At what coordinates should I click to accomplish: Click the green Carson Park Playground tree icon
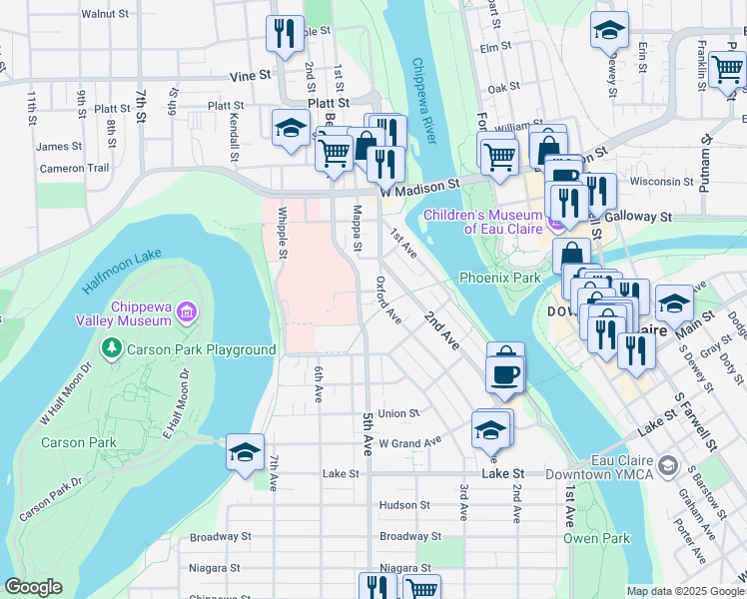[x=112, y=349]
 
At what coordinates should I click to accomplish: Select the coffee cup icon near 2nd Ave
[x=506, y=373]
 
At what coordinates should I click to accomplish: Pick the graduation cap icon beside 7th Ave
[x=245, y=452]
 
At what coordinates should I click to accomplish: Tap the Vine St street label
[x=250, y=75]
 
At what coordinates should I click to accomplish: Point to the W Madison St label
[x=425, y=185]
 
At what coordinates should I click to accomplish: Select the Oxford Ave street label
[x=388, y=300]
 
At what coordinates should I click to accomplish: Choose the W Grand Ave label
[x=409, y=441]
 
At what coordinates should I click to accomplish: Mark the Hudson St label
[x=403, y=505]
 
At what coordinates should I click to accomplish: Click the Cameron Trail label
[x=74, y=169]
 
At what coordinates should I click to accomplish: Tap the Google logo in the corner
[x=33, y=587]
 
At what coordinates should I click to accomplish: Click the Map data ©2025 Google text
[x=685, y=591]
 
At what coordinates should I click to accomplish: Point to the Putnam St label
[x=706, y=162]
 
